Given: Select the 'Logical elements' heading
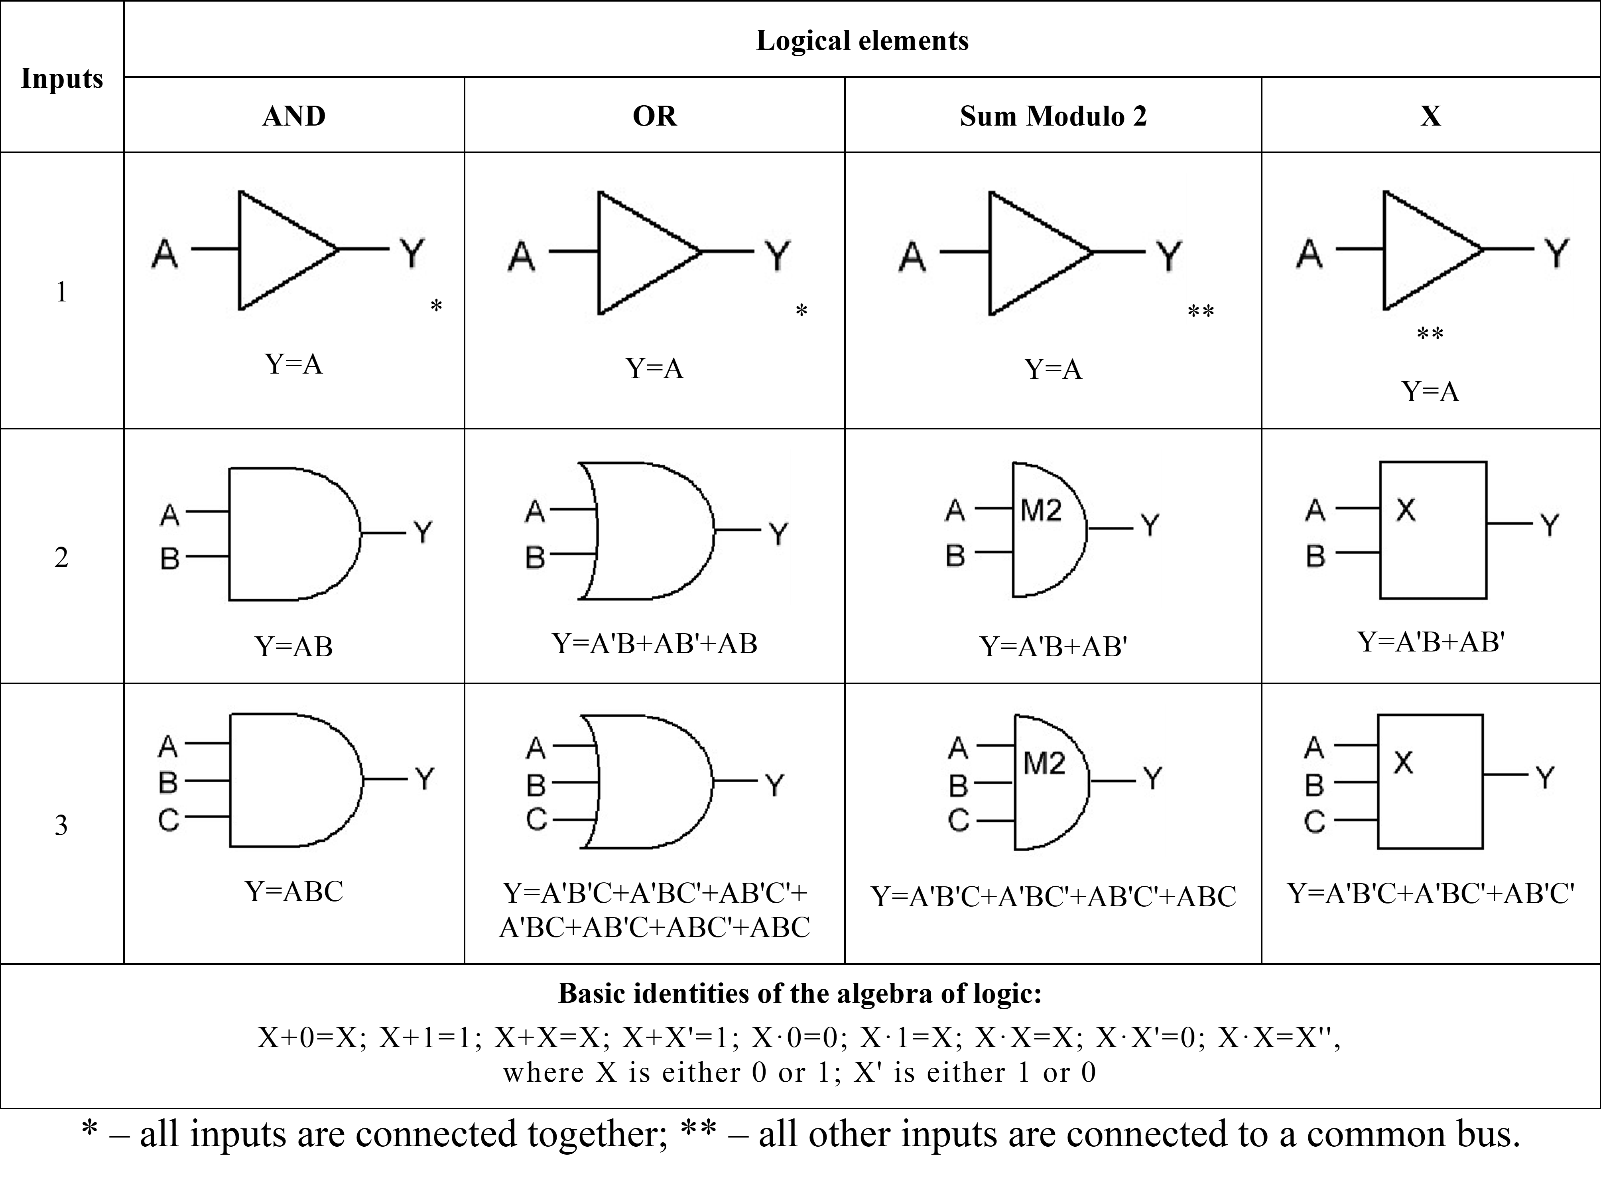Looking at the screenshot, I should point(862,41).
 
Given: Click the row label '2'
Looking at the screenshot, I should point(61,557).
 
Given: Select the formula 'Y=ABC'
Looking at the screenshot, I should point(293,891).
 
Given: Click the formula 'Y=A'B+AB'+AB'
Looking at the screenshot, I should point(654,644).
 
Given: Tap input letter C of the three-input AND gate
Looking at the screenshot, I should point(168,820).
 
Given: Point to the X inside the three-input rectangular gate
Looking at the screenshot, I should point(1403,762).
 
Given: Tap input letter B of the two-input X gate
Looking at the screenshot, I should point(1315,556).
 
